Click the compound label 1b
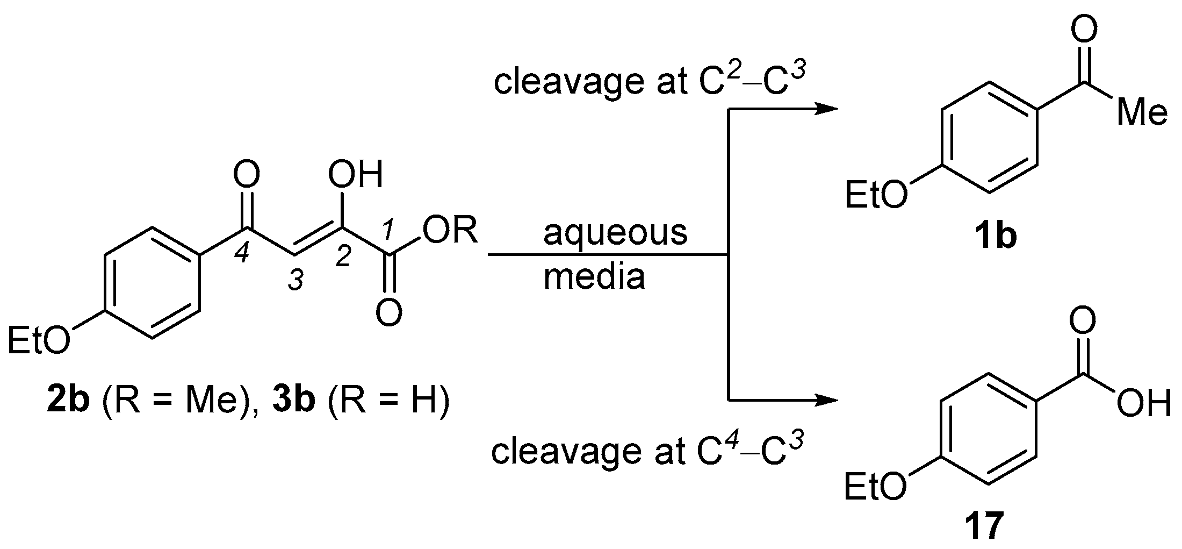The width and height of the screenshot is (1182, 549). (x=995, y=237)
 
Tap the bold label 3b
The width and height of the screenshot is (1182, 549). (x=293, y=403)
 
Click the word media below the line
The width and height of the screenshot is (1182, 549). (x=594, y=277)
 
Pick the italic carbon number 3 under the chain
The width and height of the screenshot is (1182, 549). (x=296, y=281)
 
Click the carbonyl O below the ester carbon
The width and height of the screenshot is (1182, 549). (x=388, y=312)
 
